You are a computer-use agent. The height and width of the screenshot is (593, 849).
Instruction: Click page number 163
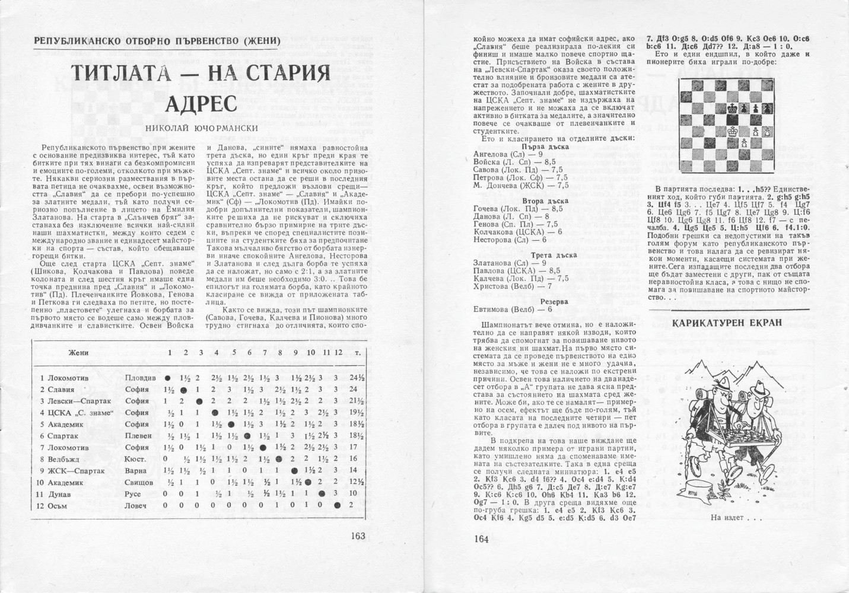point(357,535)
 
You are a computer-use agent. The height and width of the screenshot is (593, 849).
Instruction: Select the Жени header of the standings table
point(78,353)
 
